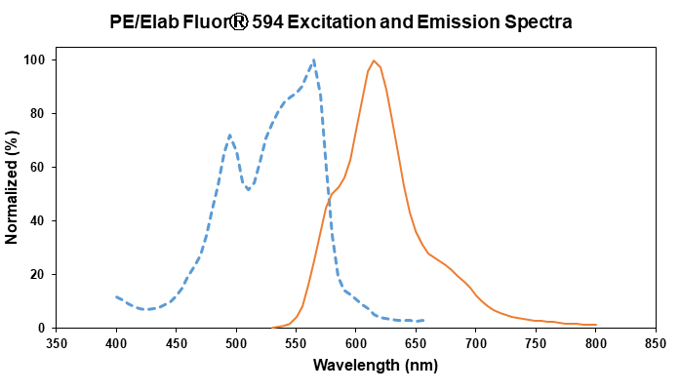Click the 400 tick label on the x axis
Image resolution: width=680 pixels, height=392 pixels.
[x=116, y=343]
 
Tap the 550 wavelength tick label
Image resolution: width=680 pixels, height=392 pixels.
[x=296, y=343]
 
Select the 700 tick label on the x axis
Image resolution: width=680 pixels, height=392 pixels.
[x=476, y=343]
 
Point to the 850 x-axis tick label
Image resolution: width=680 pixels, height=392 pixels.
[x=656, y=343]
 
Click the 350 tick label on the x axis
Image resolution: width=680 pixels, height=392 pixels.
[x=57, y=343]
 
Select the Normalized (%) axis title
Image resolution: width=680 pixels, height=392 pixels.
[x=12, y=191]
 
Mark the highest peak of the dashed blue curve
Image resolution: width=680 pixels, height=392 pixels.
[x=313, y=60]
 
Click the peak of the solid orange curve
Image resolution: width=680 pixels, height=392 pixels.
[x=374, y=60]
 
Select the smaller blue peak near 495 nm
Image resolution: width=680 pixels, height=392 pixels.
[x=229, y=136]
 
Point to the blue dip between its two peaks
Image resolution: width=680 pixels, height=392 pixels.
[x=248, y=189]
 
